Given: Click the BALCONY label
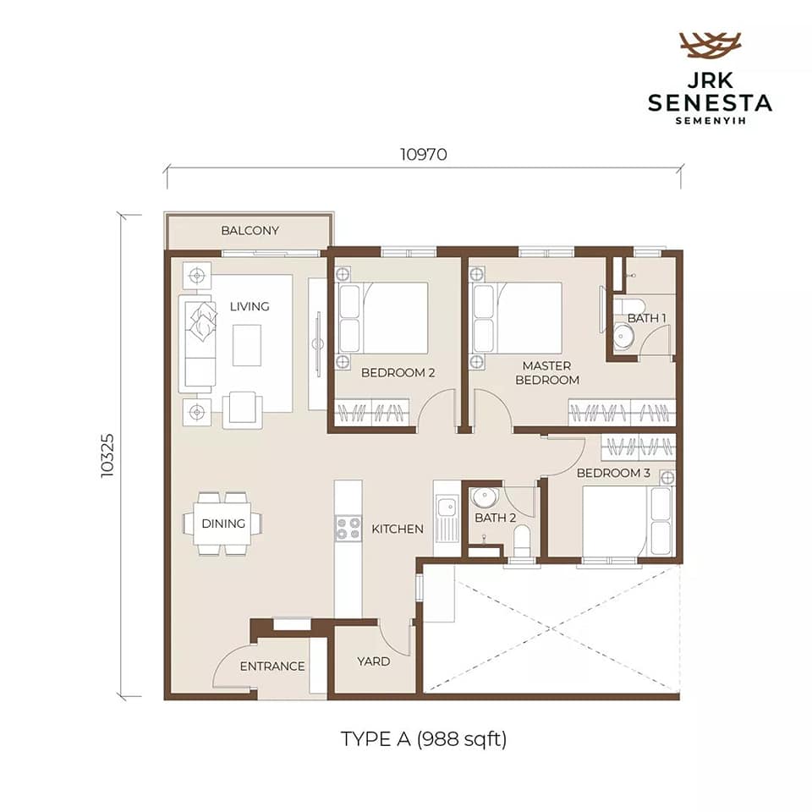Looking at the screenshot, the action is point(250,230).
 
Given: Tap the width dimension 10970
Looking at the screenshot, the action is point(423,154).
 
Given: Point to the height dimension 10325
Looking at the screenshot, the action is point(107,455).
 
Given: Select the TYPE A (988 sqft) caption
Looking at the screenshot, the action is point(423,739).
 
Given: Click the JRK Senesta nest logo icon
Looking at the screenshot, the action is point(710,45).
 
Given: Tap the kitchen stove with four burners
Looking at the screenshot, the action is point(348,529).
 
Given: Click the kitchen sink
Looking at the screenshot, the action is point(446,518).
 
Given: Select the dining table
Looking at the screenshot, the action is point(222,523).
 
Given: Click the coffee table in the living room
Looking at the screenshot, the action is point(246,345).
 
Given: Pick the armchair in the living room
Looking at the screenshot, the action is point(243,409).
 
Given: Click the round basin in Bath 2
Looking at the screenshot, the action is point(484,498).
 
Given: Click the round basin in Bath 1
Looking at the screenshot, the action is point(622,337).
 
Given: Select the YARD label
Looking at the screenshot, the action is point(373,661).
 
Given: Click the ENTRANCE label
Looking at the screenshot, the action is point(272,666).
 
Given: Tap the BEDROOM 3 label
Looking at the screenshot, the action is point(613,473).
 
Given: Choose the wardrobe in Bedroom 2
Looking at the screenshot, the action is point(372,413).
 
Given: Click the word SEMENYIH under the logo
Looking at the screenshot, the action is point(710,121).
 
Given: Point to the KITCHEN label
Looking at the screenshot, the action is point(398,529).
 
